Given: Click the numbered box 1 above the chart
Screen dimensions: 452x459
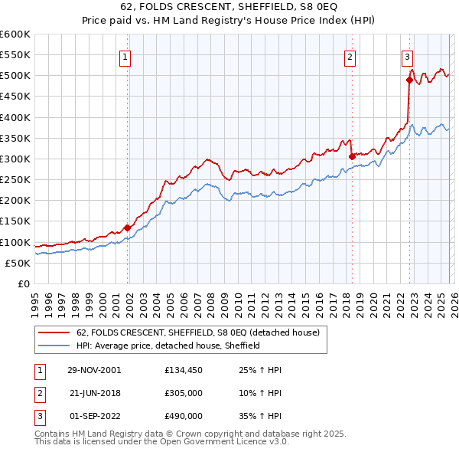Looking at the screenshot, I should pyautogui.click(x=125, y=56).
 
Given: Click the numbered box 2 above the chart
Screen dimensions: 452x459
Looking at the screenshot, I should pyautogui.click(x=350, y=56).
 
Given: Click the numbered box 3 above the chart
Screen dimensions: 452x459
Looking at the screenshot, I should pyautogui.click(x=407, y=56).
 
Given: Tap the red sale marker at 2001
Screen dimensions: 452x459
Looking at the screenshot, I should pyautogui.click(x=127, y=228).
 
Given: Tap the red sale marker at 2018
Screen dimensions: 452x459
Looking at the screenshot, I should pyautogui.click(x=352, y=156).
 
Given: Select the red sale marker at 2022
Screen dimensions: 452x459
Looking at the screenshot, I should pyautogui.click(x=409, y=80).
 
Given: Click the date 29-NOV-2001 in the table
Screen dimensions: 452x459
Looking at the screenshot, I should pyautogui.click(x=93, y=370).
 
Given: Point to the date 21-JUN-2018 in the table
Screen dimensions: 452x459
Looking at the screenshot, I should pyautogui.click(x=93, y=393).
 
